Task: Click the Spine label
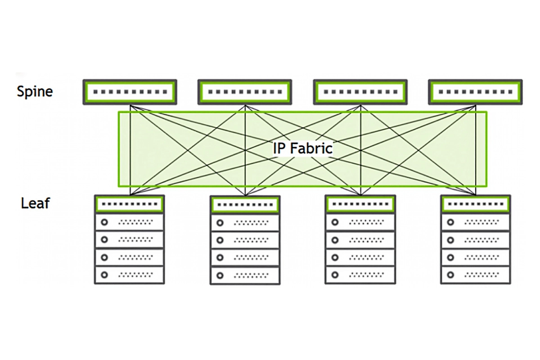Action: coord(35,91)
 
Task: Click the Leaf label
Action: coord(35,203)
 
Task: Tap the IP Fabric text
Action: coord(302,148)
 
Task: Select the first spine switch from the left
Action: coord(130,92)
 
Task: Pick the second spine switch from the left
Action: coord(245,92)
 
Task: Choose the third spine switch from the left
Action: coord(360,92)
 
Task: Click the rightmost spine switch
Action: coord(475,92)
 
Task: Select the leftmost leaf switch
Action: coord(130,204)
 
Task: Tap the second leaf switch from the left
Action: coord(245,205)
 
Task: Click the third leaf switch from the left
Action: coord(360,204)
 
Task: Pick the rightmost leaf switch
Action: coord(475,204)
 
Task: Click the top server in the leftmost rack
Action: coord(130,222)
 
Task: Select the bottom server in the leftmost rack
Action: coord(130,274)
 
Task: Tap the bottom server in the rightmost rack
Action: coord(475,274)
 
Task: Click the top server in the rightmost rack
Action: coord(475,222)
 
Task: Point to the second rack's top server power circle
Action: coord(220,223)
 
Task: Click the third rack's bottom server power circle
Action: coord(335,274)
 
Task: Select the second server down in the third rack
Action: coord(360,239)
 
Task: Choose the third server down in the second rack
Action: coord(245,257)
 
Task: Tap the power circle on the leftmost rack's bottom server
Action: coord(104,274)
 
